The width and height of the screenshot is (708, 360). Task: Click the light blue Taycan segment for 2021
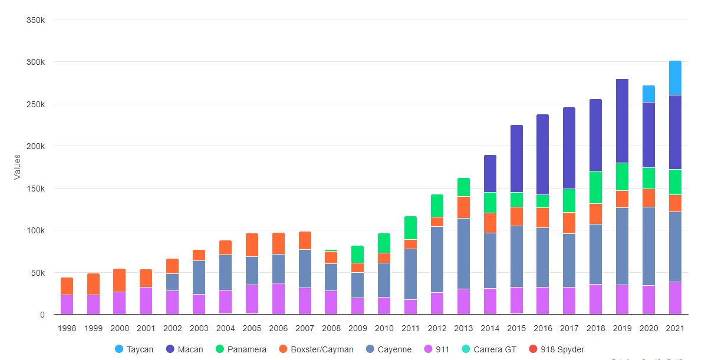click(x=675, y=78)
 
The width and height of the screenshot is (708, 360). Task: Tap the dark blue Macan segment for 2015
click(x=516, y=158)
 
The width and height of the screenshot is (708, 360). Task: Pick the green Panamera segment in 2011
click(x=410, y=228)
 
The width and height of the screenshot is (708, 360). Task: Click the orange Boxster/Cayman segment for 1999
click(x=93, y=284)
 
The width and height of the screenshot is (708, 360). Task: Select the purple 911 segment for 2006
click(x=278, y=299)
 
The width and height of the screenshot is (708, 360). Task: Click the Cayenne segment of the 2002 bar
click(x=172, y=282)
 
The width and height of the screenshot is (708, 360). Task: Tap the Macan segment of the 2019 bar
click(x=622, y=121)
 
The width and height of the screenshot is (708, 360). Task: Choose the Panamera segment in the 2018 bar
click(x=595, y=187)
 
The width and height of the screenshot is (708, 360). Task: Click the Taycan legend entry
click(x=134, y=349)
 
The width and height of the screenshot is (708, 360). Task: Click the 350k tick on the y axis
click(x=36, y=20)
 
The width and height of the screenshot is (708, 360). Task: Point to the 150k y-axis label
click(x=36, y=189)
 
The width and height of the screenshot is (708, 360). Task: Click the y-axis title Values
click(x=18, y=167)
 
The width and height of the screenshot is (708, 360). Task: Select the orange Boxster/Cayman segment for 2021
click(x=675, y=203)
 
